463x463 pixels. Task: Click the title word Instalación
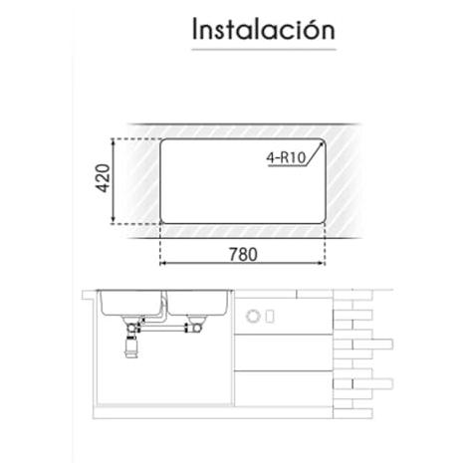pyautogui.click(x=264, y=29)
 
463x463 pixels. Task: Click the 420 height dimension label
pyautogui.click(x=103, y=178)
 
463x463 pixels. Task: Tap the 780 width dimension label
pyautogui.click(x=243, y=255)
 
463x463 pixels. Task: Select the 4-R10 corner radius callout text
pyautogui.click(x=286, y=157)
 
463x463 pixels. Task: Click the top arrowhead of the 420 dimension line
pyautogui.click(x=114, y=141)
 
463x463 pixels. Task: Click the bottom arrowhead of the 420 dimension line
pyautogui.click(x=114, y=220)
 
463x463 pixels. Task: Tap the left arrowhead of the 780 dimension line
pyautogui.click(x=163, y=263)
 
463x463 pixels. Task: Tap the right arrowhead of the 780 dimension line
pyautogui.click(x=322, y=263)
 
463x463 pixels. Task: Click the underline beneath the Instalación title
pyautogui.click(x=264, y=50)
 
